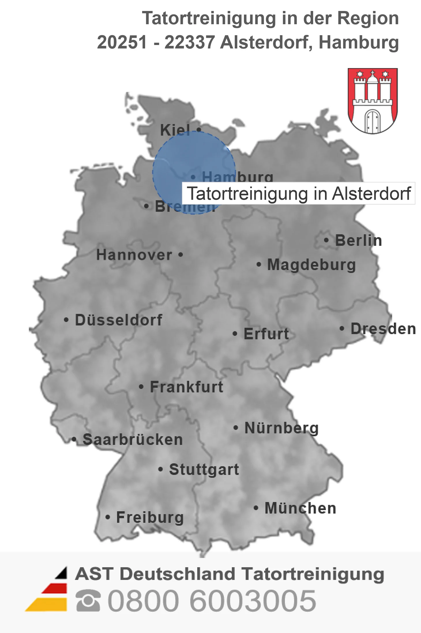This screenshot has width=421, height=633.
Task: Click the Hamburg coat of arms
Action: (373, 101)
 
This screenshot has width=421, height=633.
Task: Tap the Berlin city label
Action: (358, 240)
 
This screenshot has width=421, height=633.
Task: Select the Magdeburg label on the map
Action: (311, 265)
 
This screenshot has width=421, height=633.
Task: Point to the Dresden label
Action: (383, 329)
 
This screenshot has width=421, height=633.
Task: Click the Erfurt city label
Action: (266, 334)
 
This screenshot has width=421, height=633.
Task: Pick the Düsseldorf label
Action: (119, 320)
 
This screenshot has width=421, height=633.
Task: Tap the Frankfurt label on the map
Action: (187, 387)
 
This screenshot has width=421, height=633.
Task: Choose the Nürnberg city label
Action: (281, 428)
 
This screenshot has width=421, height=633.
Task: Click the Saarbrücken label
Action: (133, 439)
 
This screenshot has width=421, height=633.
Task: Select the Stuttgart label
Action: (204, 469)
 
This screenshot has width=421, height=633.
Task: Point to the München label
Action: (300, 508)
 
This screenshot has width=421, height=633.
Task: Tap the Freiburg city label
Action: (150, 517)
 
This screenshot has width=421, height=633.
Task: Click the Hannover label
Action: (134, 255)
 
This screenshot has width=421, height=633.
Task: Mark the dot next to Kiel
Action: (199, 130)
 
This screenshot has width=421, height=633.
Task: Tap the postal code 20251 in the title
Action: (122, 42)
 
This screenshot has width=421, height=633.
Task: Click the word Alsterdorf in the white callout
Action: (371, 193)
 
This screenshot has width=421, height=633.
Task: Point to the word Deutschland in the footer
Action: (177, 574)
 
